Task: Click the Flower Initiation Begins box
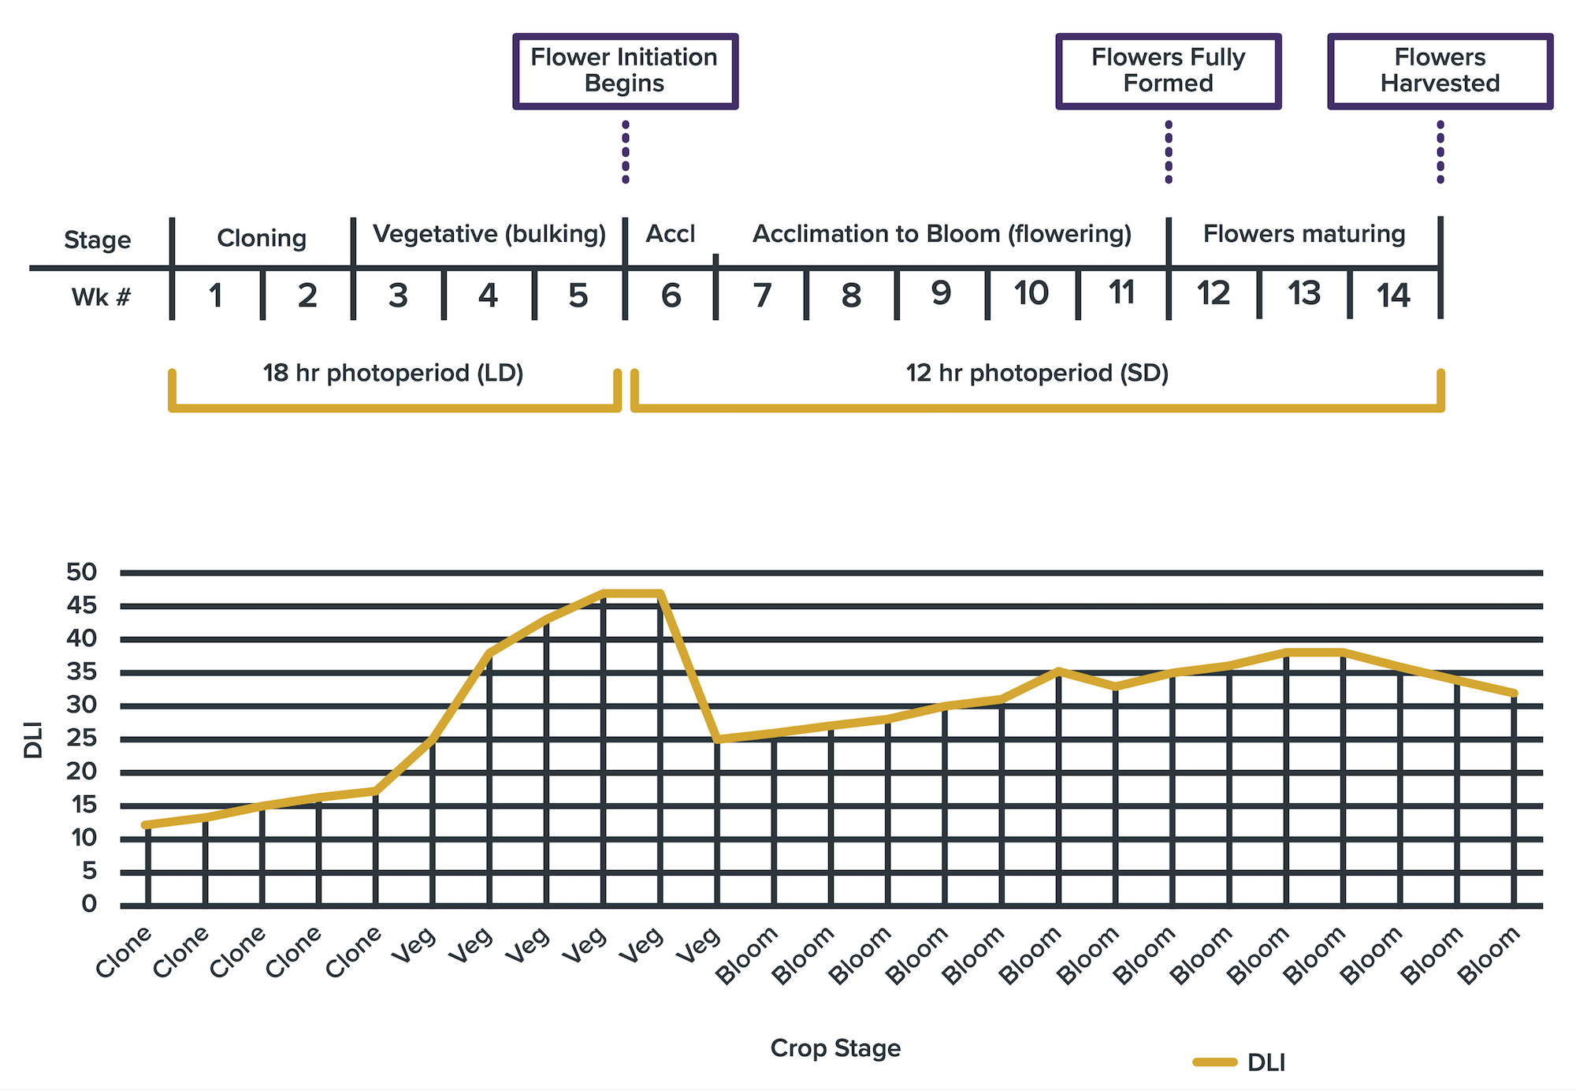[625, 71]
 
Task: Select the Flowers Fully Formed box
[1168, 71]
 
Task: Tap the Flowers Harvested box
[1440, 71]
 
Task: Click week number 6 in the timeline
[671, 296]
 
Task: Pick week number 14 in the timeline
[1393, 296]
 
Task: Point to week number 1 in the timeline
[216, 296]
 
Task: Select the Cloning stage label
[262, 238]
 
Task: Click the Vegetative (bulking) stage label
[489, 234]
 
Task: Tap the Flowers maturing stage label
[1304, 234]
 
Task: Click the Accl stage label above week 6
[671, 234]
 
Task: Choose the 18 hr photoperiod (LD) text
[393, 373]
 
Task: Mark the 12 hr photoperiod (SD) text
[1037, 373]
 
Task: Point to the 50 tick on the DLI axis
[82, 572]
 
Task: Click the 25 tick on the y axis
[82, 738]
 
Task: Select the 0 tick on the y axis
[89, 904]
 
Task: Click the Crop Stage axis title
[835, 1048]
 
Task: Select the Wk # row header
[101, 297]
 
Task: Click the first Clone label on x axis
[124, 952]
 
